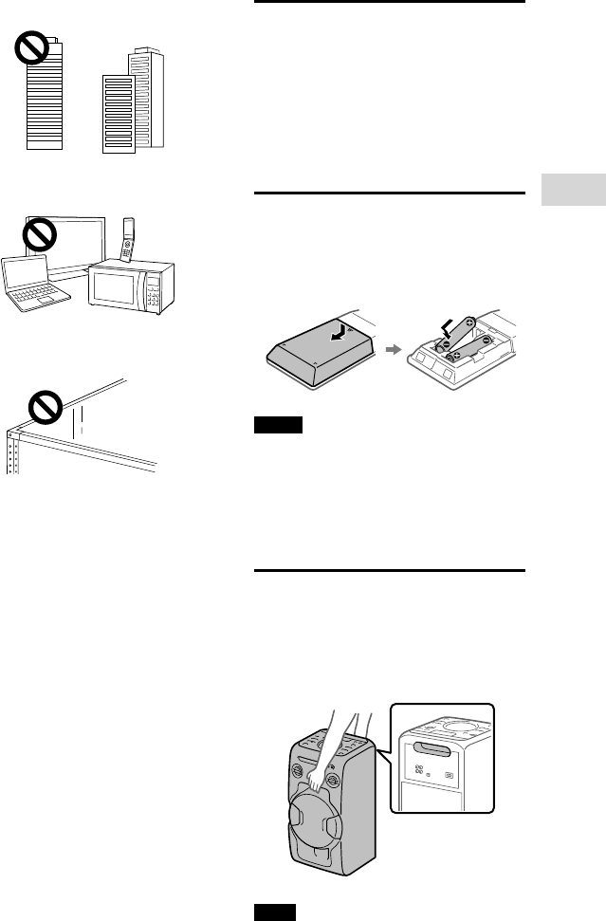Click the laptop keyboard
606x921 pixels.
point(37,294)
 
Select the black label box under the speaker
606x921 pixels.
point(273,912)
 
